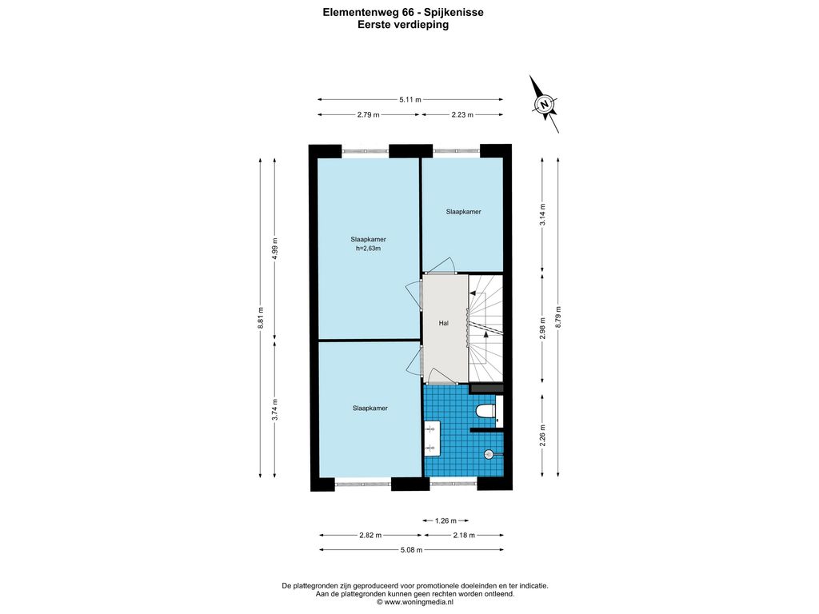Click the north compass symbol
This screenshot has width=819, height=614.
point(545,104)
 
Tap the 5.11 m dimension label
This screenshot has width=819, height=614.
point(410,100)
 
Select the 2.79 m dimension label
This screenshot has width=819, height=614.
point(368,115)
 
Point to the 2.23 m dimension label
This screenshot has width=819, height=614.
point(462,115)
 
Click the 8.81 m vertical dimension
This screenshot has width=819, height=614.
point(261,317)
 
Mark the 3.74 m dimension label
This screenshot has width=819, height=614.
point(275,409)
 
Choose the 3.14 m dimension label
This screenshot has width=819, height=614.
point(543,214)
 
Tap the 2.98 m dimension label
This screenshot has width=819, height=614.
point(543,329)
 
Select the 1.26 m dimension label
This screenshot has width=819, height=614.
point(445,520)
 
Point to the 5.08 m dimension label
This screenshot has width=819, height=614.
point(411,550)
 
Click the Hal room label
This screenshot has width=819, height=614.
point(443,323)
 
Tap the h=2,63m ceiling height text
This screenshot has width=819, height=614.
point(368,249)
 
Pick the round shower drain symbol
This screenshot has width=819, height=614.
point(489,454)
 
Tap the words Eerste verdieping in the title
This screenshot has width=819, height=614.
point(403,25)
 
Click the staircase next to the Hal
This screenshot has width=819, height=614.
point(485,329)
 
